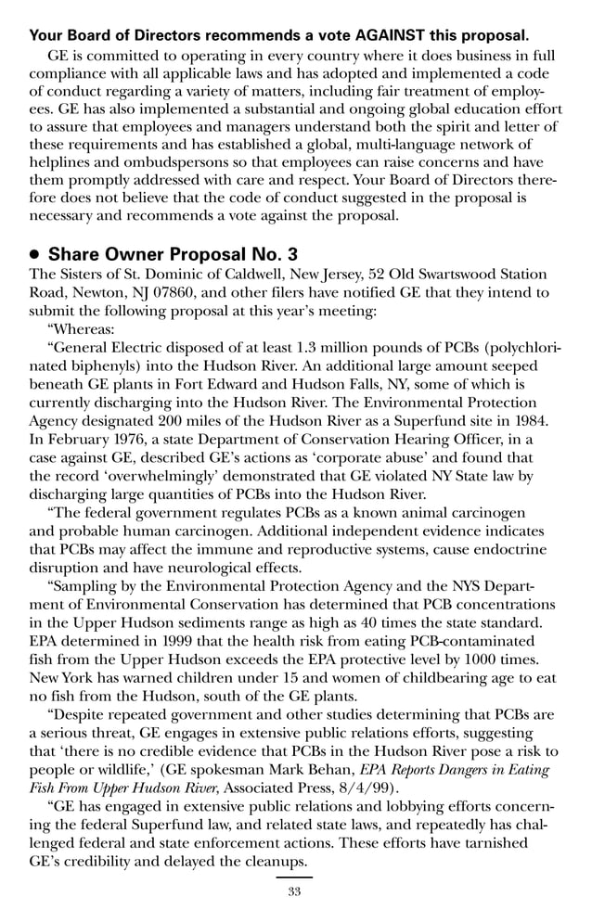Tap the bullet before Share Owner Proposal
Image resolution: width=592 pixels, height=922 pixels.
[35, 254]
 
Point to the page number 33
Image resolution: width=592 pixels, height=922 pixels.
[295, 892]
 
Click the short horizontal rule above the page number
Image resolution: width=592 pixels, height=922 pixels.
[295, 877]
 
